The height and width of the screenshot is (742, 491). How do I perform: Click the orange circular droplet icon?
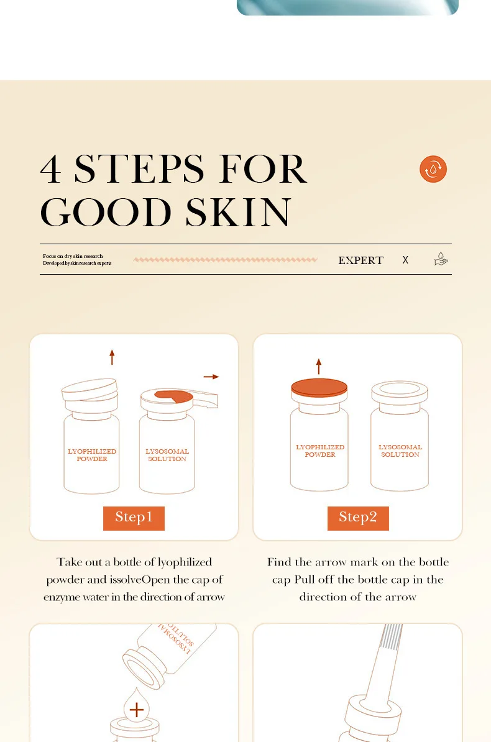[x=433, y=169]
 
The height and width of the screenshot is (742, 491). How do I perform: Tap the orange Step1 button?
[x=134, y=518]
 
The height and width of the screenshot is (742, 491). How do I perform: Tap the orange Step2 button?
[x=358, y=518]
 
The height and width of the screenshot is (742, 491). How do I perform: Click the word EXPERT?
[x=361, y=260]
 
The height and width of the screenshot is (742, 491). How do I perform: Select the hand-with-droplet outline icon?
[x=441, y=259]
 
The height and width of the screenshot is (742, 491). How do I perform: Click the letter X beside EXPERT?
[x=405, y=260]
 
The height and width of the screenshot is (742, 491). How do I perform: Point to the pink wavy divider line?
[x=226, y=259]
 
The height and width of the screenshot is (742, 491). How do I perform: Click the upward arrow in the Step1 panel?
[x=112, y=357]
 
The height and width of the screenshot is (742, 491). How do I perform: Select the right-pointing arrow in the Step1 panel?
[x=211, y=377]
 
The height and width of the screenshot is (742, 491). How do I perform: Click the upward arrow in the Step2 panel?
[x=319, y=366]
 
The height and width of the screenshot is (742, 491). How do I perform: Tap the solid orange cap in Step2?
[x=319, y=388]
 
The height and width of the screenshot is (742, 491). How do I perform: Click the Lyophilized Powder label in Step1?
[x=92, y=455]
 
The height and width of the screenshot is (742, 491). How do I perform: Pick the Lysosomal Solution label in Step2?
[x=400, y=451]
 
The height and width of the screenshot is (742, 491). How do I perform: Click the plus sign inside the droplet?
[x=136, y=709]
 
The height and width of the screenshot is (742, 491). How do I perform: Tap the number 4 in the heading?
[x=51, y=169]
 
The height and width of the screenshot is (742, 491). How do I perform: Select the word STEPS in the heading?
[x=139, y=169]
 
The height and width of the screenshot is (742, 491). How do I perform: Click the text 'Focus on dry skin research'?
[x=73, y=256]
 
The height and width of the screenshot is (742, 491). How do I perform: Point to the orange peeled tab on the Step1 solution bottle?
[x=174, y=396]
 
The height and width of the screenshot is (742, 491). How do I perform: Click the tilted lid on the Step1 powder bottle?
[x=89, y=389]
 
